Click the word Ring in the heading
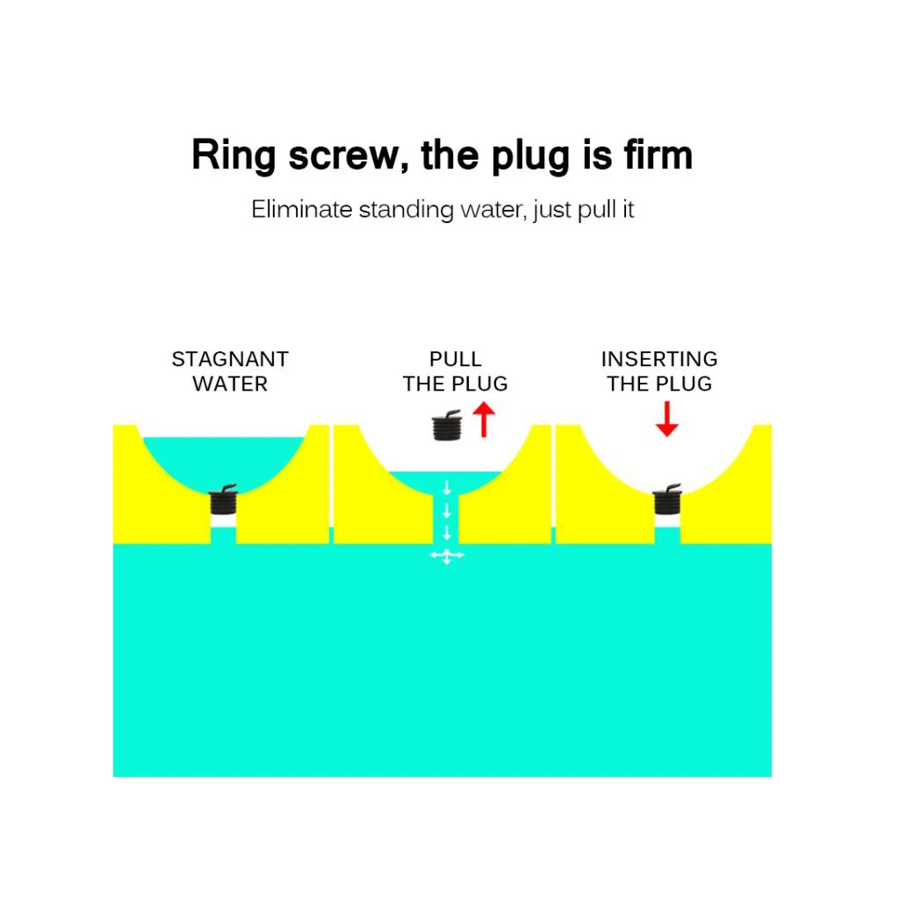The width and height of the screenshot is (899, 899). click(225, 155)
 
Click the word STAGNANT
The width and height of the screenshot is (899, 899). click(230, 359)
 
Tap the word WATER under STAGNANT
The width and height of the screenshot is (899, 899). click(230, 384)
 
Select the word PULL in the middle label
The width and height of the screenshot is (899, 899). click(456, 359)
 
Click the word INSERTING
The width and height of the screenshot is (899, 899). click(659, 359)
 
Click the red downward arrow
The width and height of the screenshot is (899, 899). click(667, 421)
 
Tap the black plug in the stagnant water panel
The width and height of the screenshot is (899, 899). click(224, 500)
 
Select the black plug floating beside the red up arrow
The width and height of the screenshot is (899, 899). click(447, 425)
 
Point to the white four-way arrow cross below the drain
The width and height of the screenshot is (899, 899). click(446, 556)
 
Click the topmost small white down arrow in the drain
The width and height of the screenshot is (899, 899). click(446, 487)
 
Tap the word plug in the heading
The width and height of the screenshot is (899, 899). click(519, 155)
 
